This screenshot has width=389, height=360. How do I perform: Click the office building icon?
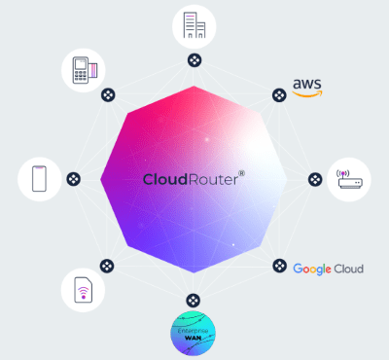point(194,25)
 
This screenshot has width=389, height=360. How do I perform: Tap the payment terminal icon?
point(85,70)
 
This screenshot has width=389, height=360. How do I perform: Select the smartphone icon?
point(39,179)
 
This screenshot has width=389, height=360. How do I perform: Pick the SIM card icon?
point(83,290)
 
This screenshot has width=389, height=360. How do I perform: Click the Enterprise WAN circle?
point(193,333)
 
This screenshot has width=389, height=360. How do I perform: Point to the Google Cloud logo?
point(328,269)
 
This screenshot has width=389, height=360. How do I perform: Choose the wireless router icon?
point(349,179)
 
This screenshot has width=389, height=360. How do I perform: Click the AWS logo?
point(307,88)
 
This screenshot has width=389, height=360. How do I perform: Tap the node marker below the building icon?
point(194,60)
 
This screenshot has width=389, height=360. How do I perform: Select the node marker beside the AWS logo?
point(279,95)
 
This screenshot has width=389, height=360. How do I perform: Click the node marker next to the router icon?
point(315,179)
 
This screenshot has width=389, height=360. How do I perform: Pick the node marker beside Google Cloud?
point(279,266)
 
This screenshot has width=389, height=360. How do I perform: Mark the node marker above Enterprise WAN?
point(193,301)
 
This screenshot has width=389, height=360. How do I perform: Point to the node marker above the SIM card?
point(107,266)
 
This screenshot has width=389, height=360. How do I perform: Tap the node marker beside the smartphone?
point(74,179)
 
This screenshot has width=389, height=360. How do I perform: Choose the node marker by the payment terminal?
point(108,95)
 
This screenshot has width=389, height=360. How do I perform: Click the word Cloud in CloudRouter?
point(165,179)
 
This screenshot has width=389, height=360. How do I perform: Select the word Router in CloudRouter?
point(213,179)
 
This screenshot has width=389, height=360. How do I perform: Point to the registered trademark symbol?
point(242,173)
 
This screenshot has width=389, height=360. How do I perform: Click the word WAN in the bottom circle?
point(193,339)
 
